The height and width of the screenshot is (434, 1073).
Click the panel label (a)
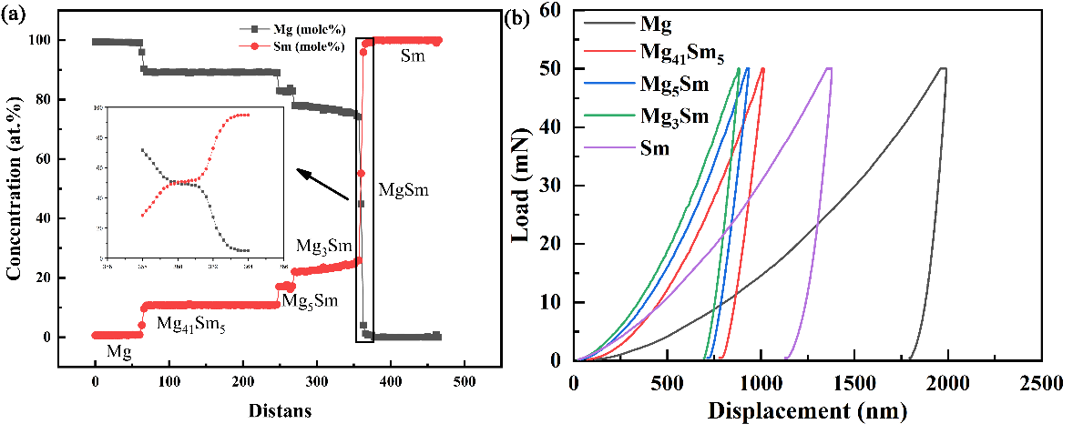click(16, 15)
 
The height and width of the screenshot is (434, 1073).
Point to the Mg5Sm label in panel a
click(310, 300)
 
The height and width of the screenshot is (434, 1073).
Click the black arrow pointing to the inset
click(323, 184)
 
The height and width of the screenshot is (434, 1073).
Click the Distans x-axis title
click(279, 411)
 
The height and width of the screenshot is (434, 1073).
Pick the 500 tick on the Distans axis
click(465, 382)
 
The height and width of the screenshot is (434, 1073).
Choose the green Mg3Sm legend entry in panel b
click(675, 116)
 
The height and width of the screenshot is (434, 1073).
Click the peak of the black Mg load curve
click(942, 68)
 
